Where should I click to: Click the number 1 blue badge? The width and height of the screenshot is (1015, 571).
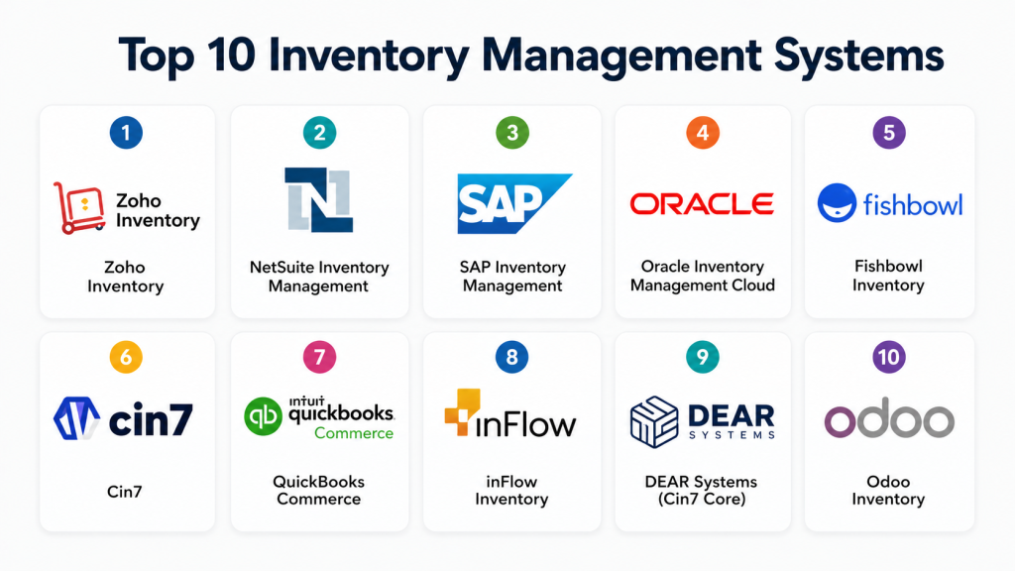pyautogui.click(x=126, y=134)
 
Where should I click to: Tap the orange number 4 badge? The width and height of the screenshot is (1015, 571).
pyautogui.click(x=702, y=134)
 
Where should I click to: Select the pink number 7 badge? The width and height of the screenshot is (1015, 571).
pyautogui.click(x=318, y=358)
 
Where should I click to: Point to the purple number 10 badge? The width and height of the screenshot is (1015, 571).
pyautogui.click(x=888, y=358)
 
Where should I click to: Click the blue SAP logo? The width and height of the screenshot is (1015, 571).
pyautogui.click(x=511, y=203)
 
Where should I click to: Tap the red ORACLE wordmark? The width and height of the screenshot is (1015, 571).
pyautogui.click(x=702, y=204)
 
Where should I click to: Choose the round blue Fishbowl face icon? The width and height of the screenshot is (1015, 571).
pyautogui.click(x=837, y=203)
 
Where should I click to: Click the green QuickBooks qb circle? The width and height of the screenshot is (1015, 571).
pyautogui.click(x=264, y=416)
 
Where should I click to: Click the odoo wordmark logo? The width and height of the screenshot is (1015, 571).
pyautogui.click(x=888, y=420)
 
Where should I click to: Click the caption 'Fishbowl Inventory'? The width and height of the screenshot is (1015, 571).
pyautogui.click(x=888, y=276)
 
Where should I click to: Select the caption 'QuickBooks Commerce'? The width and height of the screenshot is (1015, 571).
pyautogui.click(x=318, y=490)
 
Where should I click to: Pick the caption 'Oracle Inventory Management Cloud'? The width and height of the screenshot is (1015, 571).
pyautogui.click(x=702, y=276)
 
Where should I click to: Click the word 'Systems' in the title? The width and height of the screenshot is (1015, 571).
pyautogui.click(x=848, y=57)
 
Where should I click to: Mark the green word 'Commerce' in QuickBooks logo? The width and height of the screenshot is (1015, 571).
pyautogui.click(x=354, y=433)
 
